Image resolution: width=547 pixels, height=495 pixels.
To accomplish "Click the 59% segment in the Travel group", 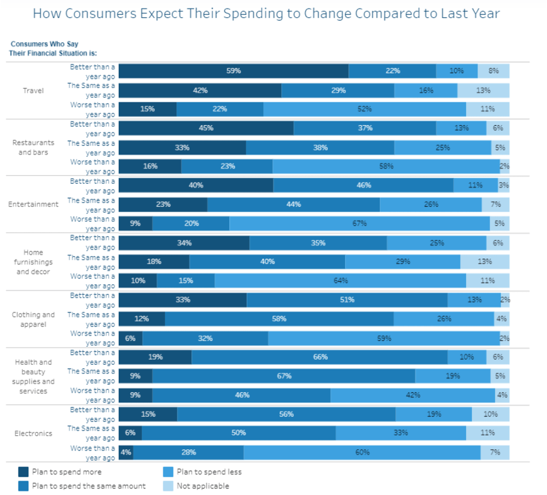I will coord(233,71).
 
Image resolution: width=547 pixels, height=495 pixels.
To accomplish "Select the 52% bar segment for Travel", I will coord(364,109).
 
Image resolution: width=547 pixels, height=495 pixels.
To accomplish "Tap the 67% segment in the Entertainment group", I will coord(359,223).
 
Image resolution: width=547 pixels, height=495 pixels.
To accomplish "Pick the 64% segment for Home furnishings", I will coord(340,281).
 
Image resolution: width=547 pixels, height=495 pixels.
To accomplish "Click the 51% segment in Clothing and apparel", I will coord(347,300).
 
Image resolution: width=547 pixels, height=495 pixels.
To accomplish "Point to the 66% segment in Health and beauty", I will coord(319,357).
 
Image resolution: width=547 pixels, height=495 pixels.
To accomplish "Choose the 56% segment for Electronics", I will coord(286,414).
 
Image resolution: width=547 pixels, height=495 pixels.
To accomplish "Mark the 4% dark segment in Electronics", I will coord(126,452).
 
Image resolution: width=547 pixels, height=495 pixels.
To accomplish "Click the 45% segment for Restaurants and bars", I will coord(206,128).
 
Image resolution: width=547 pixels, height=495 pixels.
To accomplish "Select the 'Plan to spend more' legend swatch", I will coord(24,472).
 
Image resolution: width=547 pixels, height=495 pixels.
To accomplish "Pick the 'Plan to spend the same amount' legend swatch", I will coord(24,486).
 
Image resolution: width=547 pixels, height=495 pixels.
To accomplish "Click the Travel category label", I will coord(33,91).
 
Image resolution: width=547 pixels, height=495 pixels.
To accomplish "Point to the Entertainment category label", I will coord(33,204).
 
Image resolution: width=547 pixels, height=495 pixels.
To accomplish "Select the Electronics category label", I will coord(33,433).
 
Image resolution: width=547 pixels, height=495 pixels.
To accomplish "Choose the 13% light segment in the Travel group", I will coord(483,91).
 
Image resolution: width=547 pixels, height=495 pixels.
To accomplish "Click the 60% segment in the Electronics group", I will coord(362,452).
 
